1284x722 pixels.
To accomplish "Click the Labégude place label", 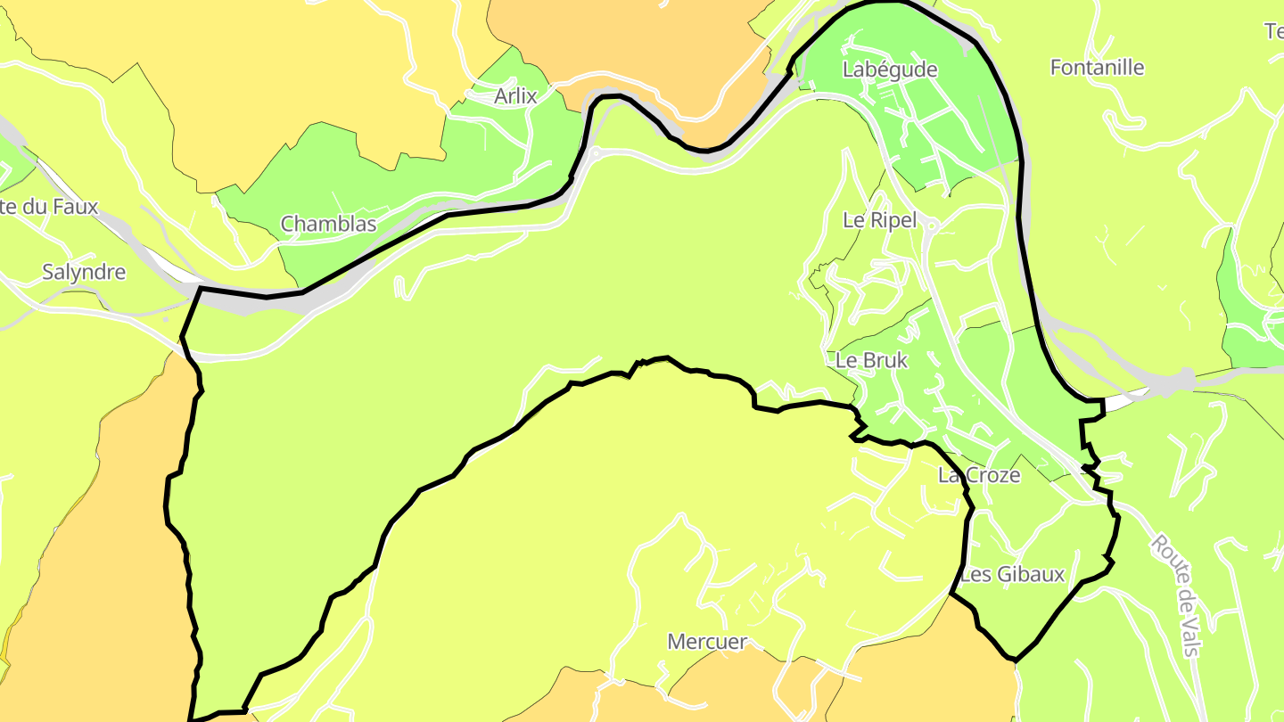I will pyautogui.click(x=889, y=70).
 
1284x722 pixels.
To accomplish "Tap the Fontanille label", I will pyautogui.click(x=1097, y=68).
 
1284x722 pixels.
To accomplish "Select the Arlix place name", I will pyautogui.click(x=515, y=96).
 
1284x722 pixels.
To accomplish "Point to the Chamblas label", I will pyautogui.click(x=328, y=224).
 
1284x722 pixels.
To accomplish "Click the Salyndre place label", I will pyautogui.click(x=84, y=272).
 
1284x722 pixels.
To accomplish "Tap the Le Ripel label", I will pyautogui.click(x=879, y=220).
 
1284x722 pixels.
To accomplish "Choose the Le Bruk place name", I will pyautogui.click(x=871, y=360).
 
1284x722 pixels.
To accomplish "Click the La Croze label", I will pyautogui.click(x=978, y=475).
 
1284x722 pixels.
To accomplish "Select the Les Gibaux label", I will pyautogui.click(x=1012, y=574).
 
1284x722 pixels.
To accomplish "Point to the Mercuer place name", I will pyautogui.click(x=707, y=642).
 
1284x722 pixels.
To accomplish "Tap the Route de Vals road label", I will pyautogui.click(x=1176, y=595).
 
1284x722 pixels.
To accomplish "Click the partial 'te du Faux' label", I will pyautogui.click(x=49, y=207).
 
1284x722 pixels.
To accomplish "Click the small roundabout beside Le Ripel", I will pyautogui.click(x=931, y=226).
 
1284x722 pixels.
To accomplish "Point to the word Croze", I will pyautogui.click(x=992, y=475).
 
